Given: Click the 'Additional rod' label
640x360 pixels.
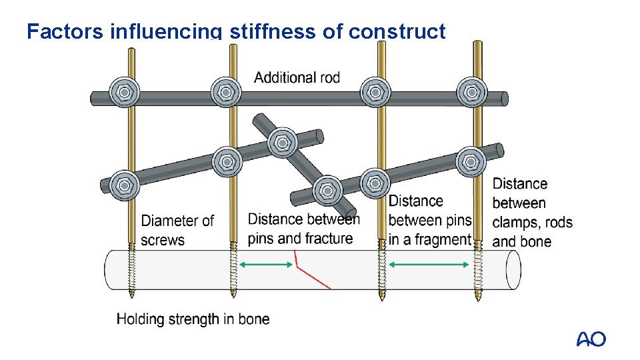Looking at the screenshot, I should click(297, 77).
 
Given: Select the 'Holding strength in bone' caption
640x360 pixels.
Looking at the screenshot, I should click(193, 319).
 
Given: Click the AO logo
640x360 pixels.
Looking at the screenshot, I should click(591, 339).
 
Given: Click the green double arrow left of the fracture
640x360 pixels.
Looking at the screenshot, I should click(266, 265).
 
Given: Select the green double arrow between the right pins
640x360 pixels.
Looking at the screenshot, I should click(429, 265).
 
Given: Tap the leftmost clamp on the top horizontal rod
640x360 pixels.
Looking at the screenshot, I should click(124, 91).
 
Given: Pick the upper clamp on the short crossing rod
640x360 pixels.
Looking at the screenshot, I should click(282, 143).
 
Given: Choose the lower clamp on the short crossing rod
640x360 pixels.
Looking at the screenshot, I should click(327, 190).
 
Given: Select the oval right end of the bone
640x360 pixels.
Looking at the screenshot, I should click(513, 270).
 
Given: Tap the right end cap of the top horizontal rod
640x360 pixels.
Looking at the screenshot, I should click(504, 99).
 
